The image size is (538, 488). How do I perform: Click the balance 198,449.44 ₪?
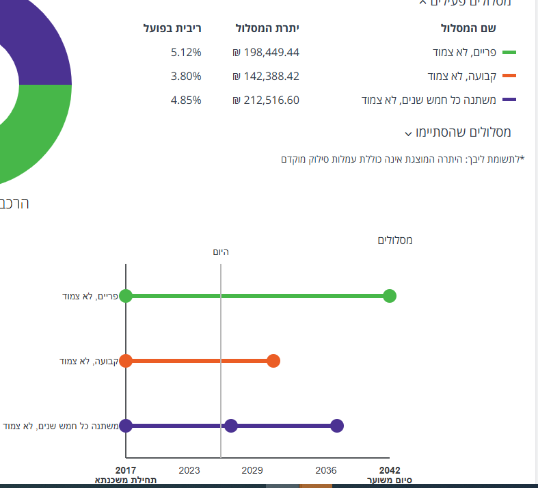click(x=266, y=53)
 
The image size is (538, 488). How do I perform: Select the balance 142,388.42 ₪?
click(x=266, y=76)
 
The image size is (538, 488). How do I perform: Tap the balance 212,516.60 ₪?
click(x=266, y=100)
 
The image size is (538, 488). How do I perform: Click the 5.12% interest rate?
click(x=186, y=53)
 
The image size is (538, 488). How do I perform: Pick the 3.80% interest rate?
click(x=186, y=76)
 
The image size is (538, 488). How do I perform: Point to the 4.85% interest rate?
click(x=186, y=100)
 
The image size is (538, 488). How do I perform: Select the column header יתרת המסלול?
click(x=267, y=28)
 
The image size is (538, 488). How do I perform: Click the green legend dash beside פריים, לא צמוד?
click(x=509, y=53)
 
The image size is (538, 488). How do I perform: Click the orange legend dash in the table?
click(x=509, y=76)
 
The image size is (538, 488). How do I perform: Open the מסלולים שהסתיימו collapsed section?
click(x=457, y=132)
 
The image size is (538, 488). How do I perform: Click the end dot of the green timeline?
click(x=390, y=296)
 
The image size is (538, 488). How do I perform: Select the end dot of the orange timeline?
click(x=273, y=361)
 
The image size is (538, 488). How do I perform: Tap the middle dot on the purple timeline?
click(x=231, y=426)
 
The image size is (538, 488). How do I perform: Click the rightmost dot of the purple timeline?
click(x=336, y=426)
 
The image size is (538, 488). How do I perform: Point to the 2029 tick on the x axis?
click(x=252, y=470)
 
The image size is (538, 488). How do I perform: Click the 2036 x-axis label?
click(x=326, y=470)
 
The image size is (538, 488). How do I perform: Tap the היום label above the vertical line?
click(x=220, y=252)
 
